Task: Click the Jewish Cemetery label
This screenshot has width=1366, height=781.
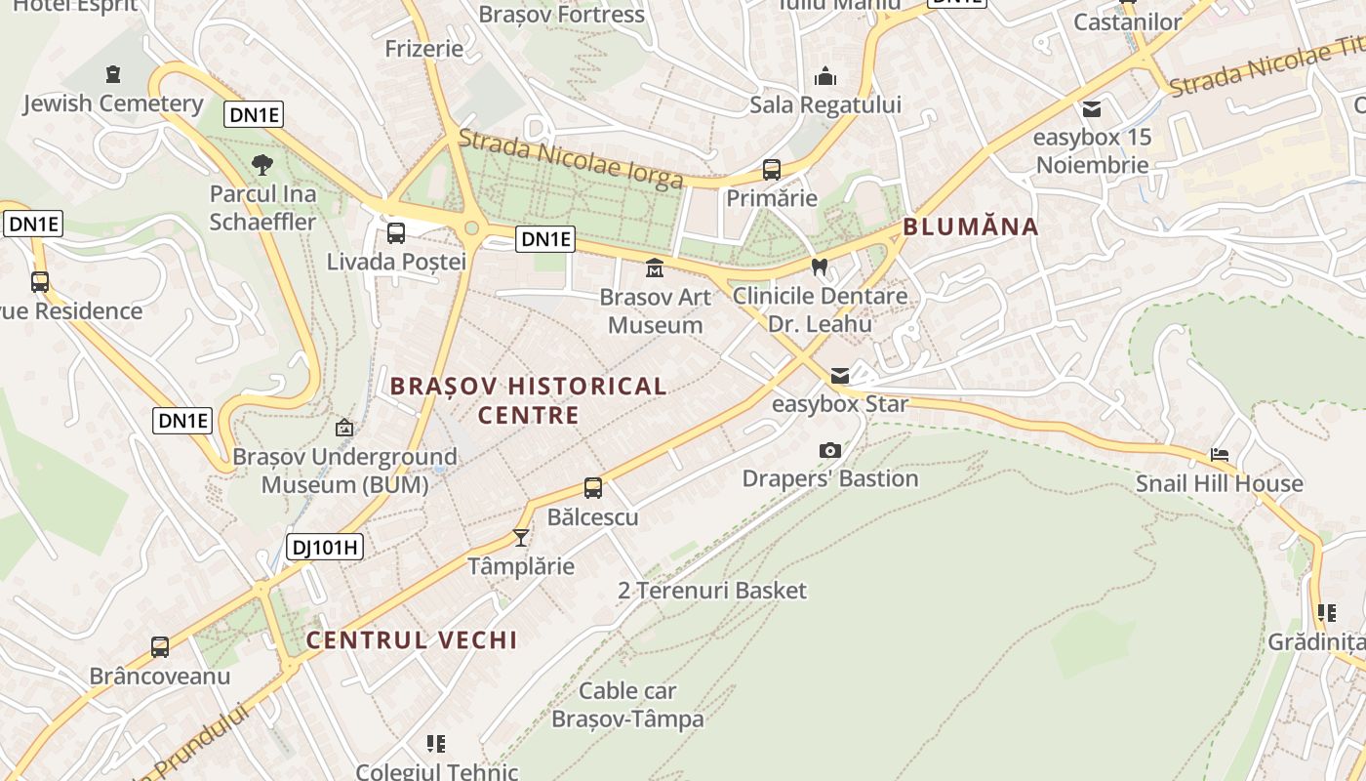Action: tap(112, 103)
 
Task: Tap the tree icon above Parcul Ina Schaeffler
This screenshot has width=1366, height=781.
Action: tap(262, 165)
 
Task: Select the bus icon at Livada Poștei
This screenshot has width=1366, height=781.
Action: tap(396, 233)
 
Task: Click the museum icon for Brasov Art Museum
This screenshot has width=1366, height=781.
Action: tap(655, 267)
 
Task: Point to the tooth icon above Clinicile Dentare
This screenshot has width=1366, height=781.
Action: tap(820, 267)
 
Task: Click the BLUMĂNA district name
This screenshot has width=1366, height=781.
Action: tap(970, 227)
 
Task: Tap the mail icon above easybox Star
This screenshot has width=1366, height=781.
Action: tap(839, 376)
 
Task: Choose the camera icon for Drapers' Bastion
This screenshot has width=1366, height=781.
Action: tap(830, 450)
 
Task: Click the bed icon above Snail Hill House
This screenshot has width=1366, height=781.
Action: tap(1220, 455)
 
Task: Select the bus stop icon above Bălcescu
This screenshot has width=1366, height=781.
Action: tap(592, 488)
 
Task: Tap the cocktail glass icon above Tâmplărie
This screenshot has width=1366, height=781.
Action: tap(521, 538)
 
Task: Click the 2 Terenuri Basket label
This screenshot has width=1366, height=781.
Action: tap(712, 591)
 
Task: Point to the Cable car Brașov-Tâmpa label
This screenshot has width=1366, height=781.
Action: tap(627, 705)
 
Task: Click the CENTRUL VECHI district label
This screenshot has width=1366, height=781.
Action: tap(411, 640)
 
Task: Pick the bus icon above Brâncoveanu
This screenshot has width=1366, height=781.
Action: tap(160, 647)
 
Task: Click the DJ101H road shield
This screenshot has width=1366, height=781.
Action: tap(326, 547)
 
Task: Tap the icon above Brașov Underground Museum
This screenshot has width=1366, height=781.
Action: tap(343, 428)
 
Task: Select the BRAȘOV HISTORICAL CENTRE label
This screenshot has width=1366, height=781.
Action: tap(529, 400)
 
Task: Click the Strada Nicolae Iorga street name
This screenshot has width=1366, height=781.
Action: tap(570, 160)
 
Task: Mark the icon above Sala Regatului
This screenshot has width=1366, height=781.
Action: tap(825, 76)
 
